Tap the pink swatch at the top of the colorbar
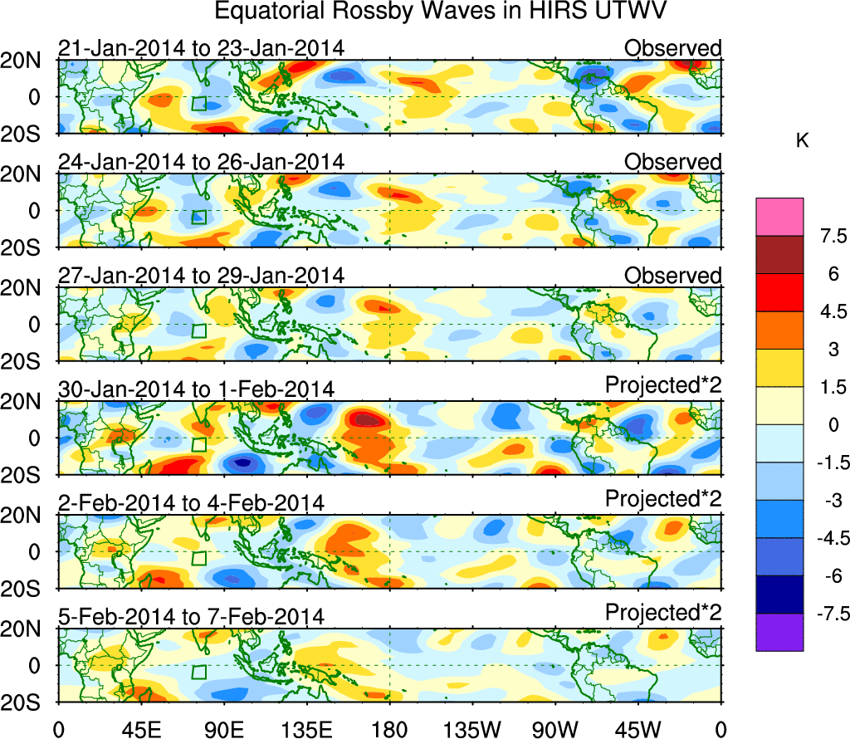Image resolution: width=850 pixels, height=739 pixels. pyautogui.click(x=779, y=216)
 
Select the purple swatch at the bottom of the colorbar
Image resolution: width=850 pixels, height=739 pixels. pyautogui.click(x=779, y=631)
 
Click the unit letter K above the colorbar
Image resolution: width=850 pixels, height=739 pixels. pyautogui.click(x=802, y=141)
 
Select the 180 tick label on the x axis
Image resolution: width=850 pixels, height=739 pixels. pyautogui.click(x=389, y=729)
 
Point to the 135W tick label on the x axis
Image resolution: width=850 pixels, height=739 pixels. pyautogui.click(x=471, y=729)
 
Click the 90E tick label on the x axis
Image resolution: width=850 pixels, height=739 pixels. pyautogui.click(x=224, y=729)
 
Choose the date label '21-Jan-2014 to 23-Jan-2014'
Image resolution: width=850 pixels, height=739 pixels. pyautogui.click(x=201, y=48)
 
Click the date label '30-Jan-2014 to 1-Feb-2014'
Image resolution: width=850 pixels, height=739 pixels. pyautogui.click(x=196, y=389)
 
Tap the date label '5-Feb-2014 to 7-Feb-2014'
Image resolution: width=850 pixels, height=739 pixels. pyautogui.click(x=191, y=616)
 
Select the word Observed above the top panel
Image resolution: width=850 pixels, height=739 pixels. pyautogui.click(x=672, y=48)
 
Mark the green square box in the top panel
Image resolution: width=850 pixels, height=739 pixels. pyautogui.click(x=198, y=104)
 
